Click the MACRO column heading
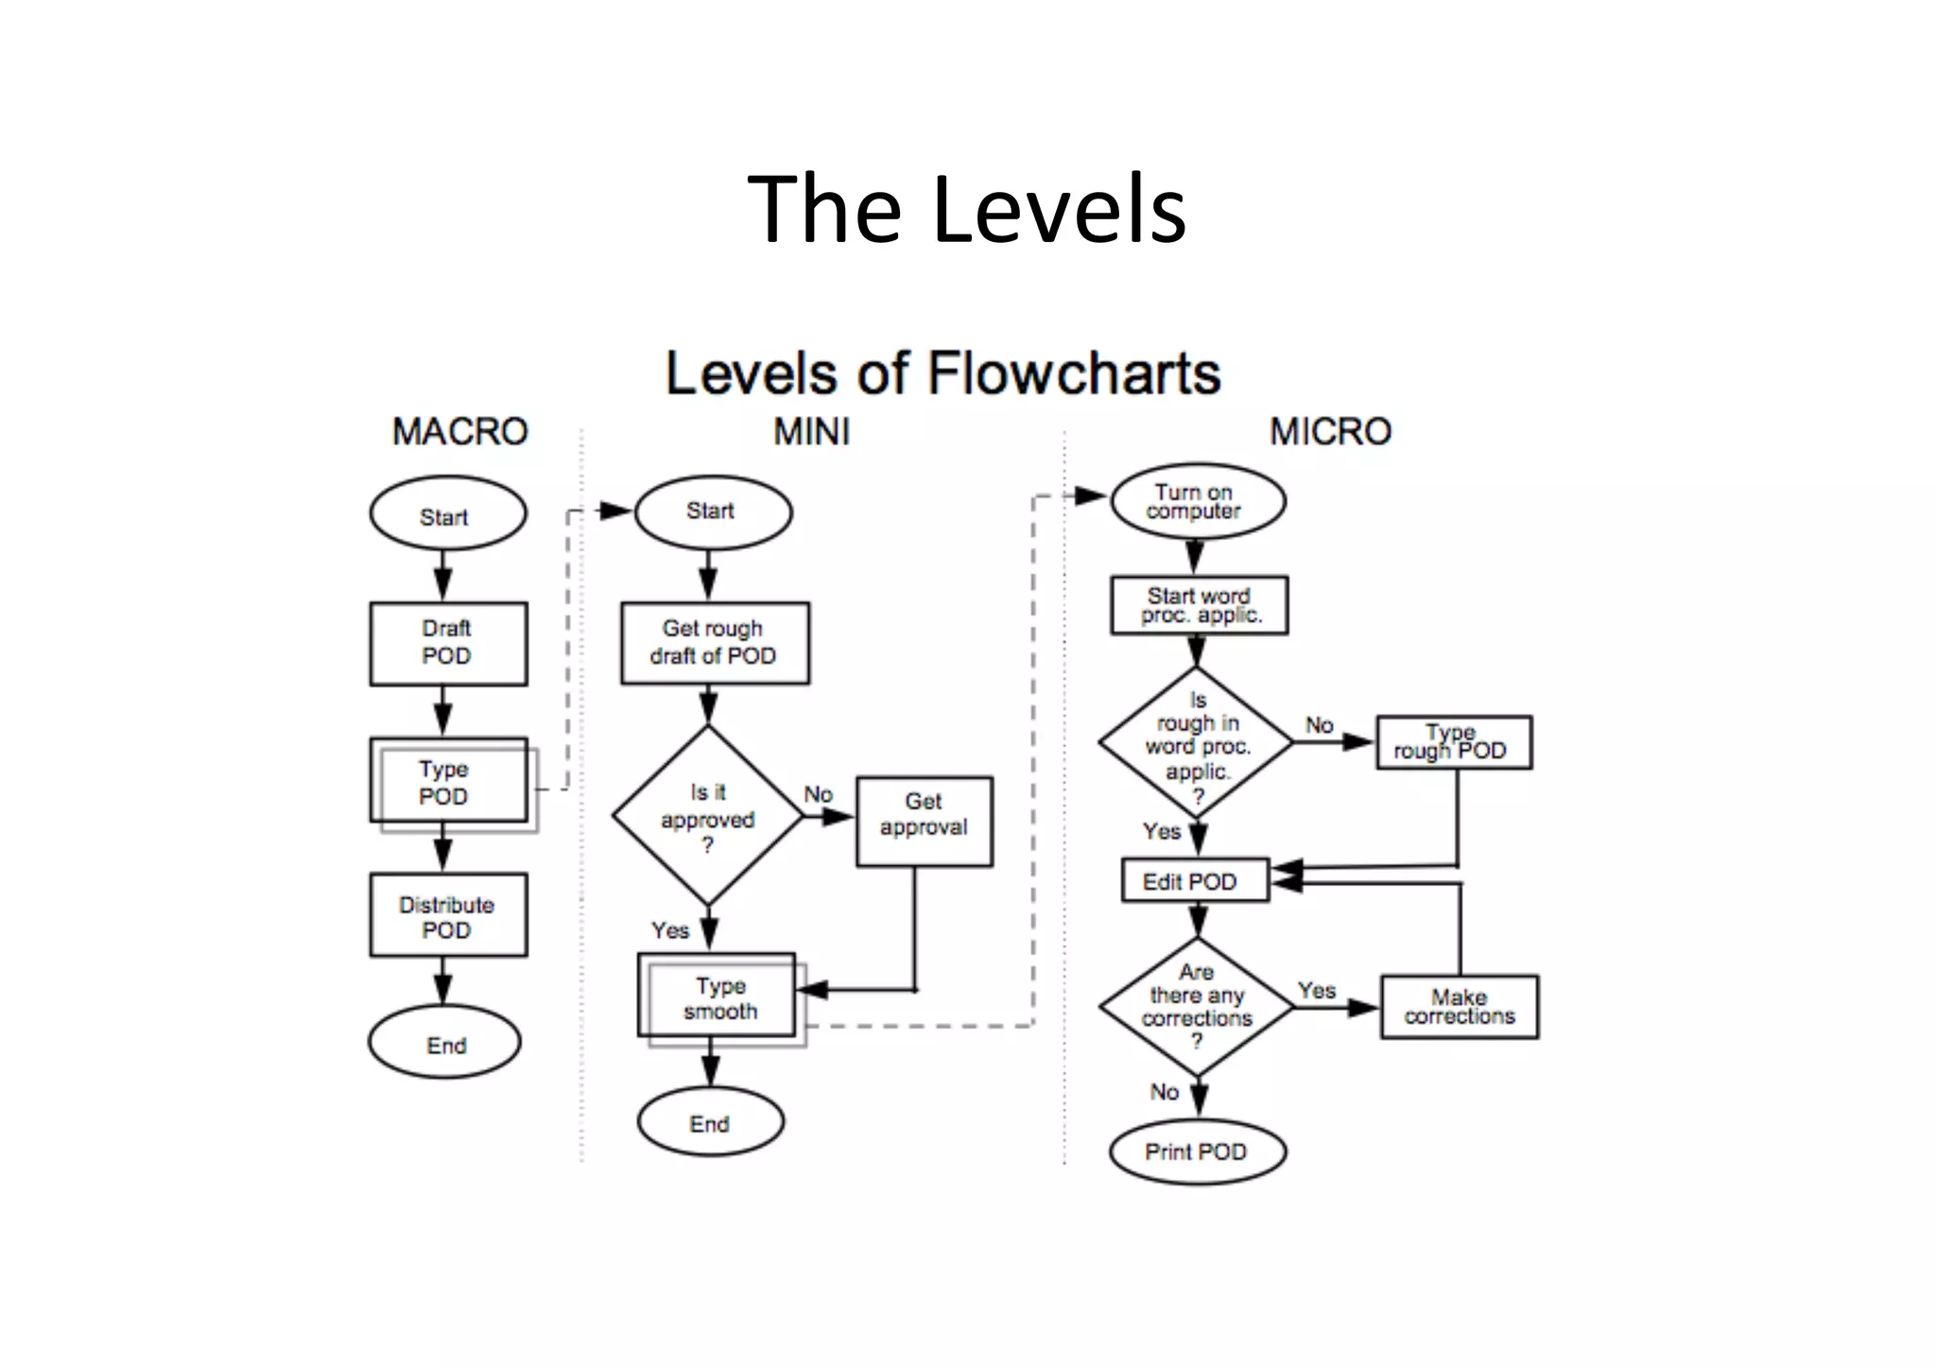coord(459,432)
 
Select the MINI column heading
coord(811,432)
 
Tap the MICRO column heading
coord(1329,432)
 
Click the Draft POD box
coord(448,643)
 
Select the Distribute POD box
coord(448,916)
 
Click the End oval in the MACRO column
coord(444,1044)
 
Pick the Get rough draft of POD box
coord(715,643)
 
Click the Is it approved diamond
coord(708,817)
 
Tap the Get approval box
coord(924,822)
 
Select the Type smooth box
coord(717,996)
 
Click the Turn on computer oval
coord(1197,501)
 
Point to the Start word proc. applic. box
coord(1199,605)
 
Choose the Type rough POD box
coord(1453,742)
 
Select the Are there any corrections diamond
coord(1197,1007)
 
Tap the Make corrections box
coord(1459,1007)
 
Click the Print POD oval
coord(1197,1152)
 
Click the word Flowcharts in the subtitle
coord(1074,373)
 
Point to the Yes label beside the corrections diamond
coord(1316,990)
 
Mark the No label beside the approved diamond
coord(818,794)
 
